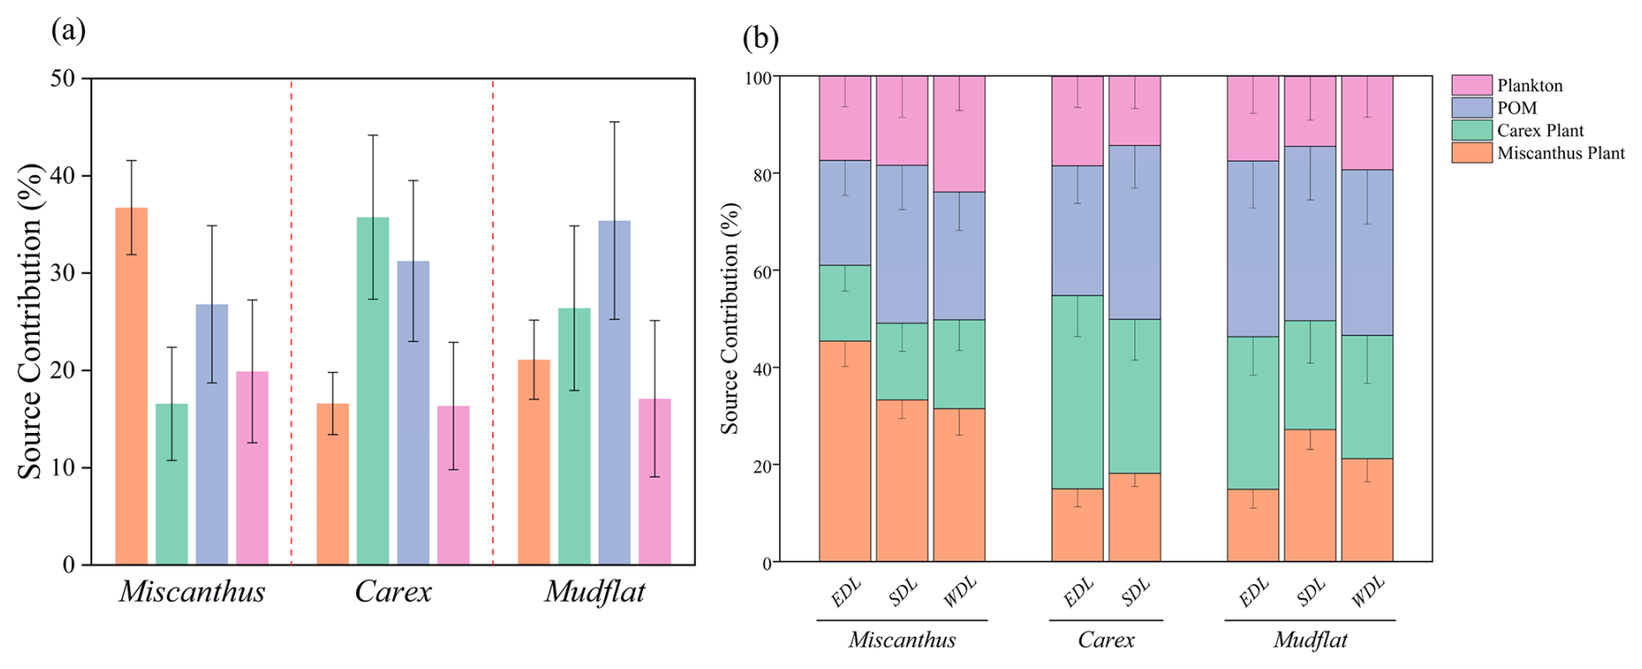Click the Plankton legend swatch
tap(1471, 85)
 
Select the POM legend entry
tap(1516, 108)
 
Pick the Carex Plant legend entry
tap(1540, 130)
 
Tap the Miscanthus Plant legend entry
tap(1560, 153)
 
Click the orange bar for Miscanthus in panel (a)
tap(131, 386)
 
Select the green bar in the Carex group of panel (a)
tap(372, 390)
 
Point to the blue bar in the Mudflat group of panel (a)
tap(614, 392)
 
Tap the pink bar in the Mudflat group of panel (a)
tap(654, 482)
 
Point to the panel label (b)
tap(760, 38)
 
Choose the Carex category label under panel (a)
tap(393, 592)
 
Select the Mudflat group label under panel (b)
tap(1310, 640)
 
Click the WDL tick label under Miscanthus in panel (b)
tap(960, 593)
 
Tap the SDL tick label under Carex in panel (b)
tap(1135, 593)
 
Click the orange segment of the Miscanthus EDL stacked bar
tap(844, 451)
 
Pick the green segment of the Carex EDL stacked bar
tap(1077, 392)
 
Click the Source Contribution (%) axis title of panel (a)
tap(30, 321)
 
